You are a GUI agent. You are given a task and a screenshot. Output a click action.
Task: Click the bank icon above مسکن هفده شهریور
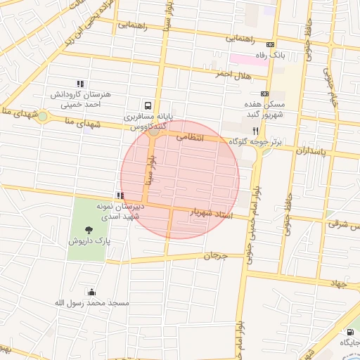click(x=264, y=94)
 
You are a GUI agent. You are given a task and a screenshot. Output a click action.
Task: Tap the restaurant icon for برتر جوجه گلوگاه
click(x=256, y=131)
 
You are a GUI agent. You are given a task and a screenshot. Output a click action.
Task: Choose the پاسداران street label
click(x=312, y=150)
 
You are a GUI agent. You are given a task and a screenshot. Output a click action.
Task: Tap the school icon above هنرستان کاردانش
click(x=79, y=84)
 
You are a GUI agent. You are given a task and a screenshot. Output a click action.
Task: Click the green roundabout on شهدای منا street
click(x=43, y=117)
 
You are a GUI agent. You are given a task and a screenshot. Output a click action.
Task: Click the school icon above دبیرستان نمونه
click(x=120, y=196)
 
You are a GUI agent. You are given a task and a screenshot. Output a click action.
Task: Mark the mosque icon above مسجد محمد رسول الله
click(x=91, y=292)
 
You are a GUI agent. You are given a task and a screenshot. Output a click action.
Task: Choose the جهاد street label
click(x=339, y=282)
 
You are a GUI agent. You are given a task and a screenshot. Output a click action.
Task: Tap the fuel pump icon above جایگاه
click(x=349, y=332)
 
